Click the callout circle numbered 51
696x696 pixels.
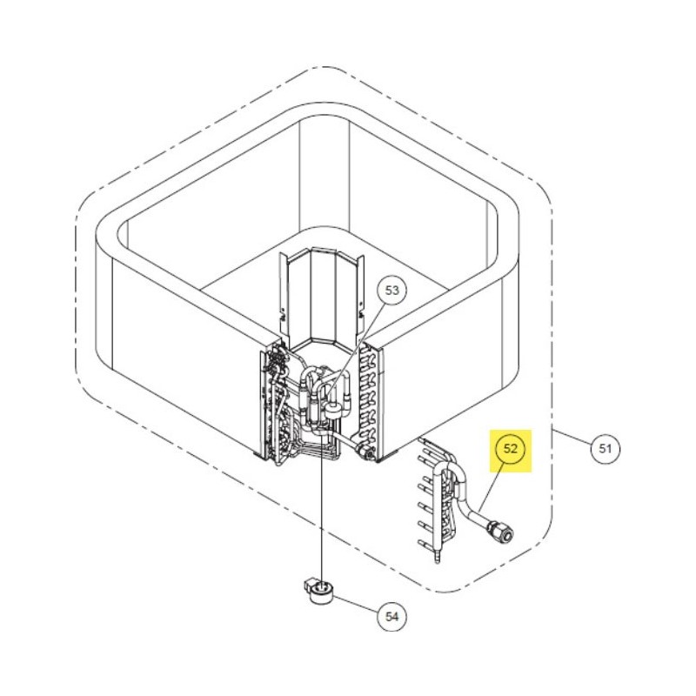(606, 448)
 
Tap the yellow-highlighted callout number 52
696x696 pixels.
(511, 448)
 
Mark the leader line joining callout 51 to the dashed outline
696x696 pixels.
(572, 438)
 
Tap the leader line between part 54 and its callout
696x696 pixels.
(356, 604)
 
